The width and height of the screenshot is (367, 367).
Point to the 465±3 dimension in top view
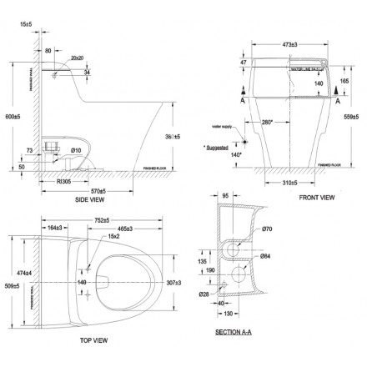(128, 228)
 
